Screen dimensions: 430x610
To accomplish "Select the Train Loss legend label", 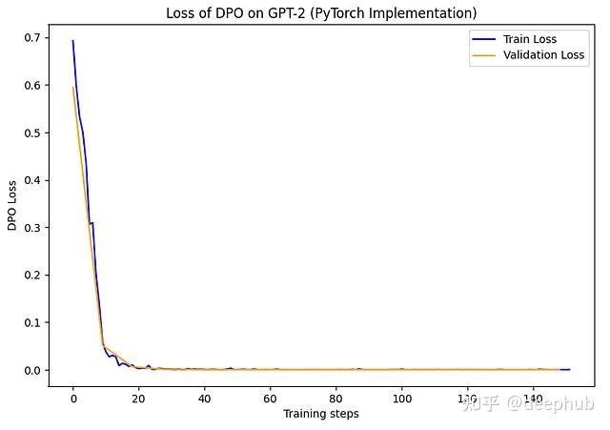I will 530,39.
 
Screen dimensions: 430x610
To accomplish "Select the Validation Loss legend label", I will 544,56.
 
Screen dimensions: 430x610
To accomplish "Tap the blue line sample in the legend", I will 483,39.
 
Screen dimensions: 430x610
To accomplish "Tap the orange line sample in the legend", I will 483,56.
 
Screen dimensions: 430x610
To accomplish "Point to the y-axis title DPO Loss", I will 12,206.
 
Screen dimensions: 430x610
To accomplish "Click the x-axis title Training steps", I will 321,414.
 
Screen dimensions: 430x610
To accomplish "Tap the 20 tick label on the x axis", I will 138,398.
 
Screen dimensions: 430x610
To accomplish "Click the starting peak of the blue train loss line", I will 72,41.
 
